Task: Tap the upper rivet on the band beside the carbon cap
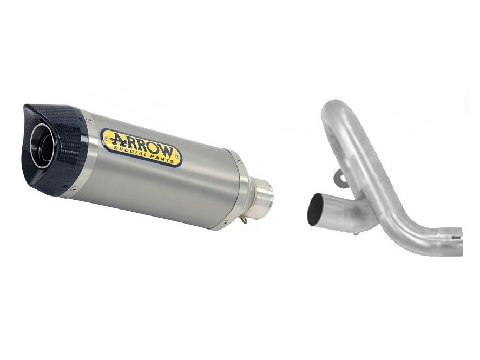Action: click(x=84, y=115)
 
